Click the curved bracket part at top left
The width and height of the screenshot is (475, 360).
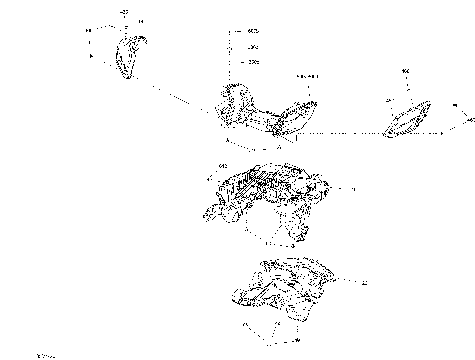[128, 56]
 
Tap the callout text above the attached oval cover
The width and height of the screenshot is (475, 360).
[306, 76]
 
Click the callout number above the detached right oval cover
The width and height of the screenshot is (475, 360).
[405, 71]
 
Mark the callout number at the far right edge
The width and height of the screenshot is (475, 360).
[469, 119]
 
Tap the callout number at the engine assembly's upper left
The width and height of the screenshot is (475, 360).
[223, 165]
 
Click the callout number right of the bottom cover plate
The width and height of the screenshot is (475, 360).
[364, 283]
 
